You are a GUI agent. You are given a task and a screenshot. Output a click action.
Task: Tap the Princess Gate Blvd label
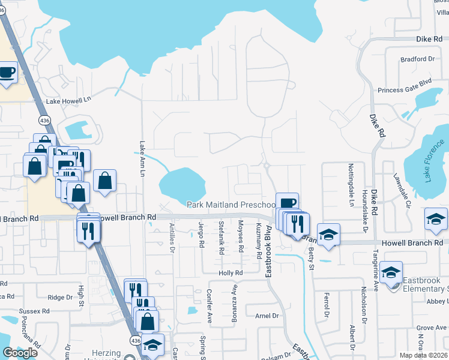(x=405, y=90)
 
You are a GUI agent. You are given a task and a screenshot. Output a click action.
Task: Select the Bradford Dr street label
(x=417, y=59)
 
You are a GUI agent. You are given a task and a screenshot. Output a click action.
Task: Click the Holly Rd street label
(x=230, y=272)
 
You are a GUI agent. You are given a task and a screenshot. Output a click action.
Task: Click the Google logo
(x=20, y=352)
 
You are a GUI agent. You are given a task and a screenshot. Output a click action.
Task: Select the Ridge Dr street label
(x=60, y=297)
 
